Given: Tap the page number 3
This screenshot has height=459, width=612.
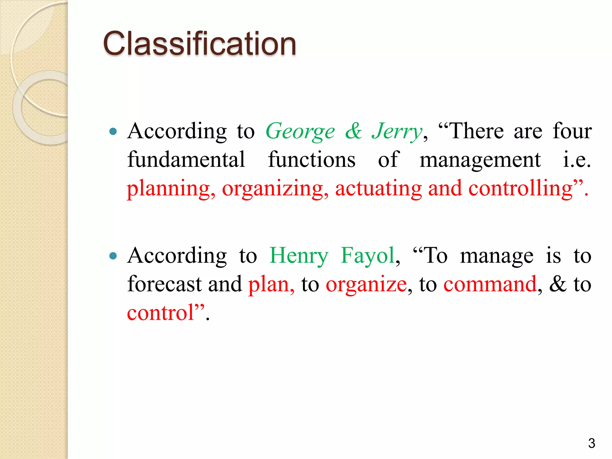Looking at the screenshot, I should point(591,443).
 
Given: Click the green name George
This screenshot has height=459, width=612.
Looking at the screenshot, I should point(300,131).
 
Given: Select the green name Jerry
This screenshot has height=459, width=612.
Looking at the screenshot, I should point(397,131).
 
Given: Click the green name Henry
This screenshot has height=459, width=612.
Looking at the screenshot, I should point(299,256).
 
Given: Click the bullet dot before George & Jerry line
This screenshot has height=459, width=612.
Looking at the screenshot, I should point(113,131).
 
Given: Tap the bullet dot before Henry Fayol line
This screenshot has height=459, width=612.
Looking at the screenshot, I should point(113,256).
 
